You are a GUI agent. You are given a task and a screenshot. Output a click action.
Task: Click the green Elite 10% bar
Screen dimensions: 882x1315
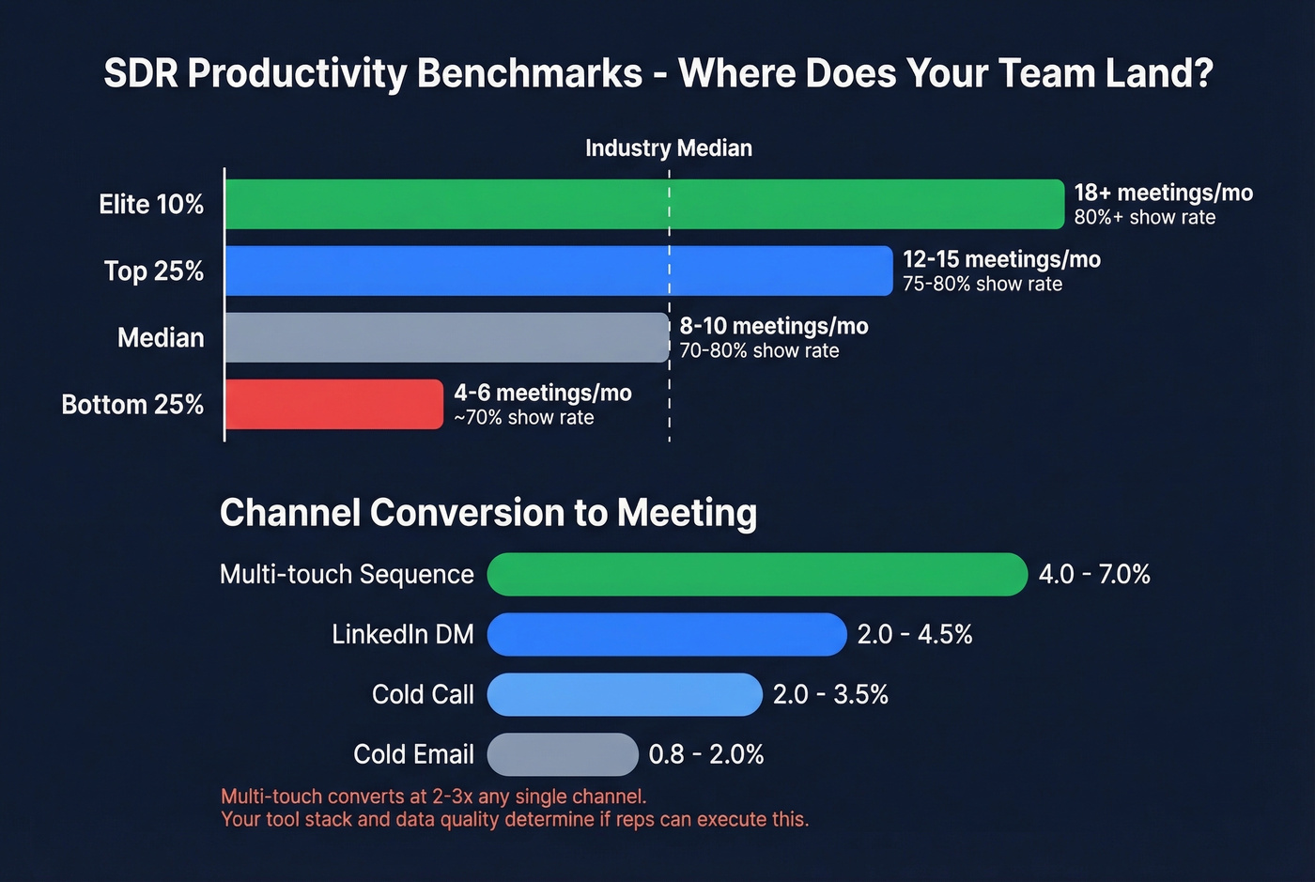tap(644, 204)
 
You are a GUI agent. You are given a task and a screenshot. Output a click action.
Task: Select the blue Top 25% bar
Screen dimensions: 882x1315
tap(559, 271)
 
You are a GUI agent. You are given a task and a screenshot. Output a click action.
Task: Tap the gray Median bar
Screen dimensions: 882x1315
tap(447, 337)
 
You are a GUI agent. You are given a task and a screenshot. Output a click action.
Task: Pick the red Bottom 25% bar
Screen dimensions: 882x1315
tap(334, 404)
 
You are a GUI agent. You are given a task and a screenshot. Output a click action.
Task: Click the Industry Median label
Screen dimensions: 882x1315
tap(669, 148)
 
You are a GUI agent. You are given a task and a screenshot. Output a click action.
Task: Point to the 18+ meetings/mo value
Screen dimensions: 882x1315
tap(1163, 193)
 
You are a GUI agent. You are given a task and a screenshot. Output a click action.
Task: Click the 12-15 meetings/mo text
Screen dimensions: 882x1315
tap(1001, 259)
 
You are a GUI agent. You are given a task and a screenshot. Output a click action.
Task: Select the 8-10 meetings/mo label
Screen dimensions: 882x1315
tap(774, 326)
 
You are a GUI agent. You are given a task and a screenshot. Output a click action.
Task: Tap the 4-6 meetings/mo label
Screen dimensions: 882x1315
tap(543, 393)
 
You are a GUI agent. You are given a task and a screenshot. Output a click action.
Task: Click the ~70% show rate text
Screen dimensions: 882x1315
tap(524, 418)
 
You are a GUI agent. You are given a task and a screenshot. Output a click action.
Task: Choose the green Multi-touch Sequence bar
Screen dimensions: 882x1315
tap(757, 574)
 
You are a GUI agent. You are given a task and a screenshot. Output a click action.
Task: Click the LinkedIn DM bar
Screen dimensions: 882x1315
tap(667, 634)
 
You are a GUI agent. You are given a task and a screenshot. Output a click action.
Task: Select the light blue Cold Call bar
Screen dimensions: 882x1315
tap(625, 694)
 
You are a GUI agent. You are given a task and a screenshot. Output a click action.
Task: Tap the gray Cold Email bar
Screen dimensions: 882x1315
tap(563, 754)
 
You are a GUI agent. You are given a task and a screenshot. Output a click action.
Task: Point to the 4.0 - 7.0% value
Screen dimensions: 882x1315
tap(1094, 574)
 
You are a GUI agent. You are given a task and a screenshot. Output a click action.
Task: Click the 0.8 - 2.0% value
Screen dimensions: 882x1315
tap(706, 754)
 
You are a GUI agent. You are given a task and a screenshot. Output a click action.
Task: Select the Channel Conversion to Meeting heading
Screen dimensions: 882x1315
tap(488, 513)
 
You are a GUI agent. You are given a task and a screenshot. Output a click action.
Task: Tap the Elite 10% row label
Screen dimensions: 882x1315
tap(151, 204)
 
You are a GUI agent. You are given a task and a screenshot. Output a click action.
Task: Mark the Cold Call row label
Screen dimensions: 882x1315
tap(423, 694)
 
